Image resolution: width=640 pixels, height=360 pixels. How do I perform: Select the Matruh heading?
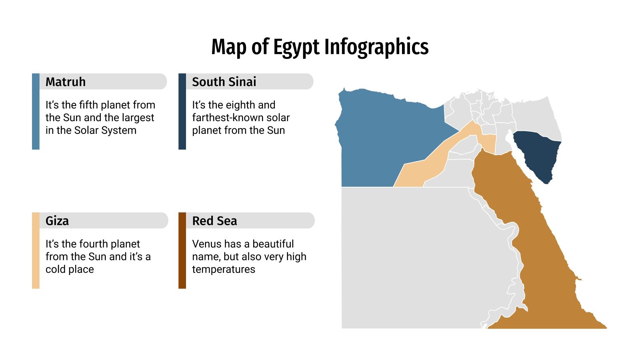tap(66, 82)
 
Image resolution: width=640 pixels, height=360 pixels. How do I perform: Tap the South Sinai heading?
tap(224, 82)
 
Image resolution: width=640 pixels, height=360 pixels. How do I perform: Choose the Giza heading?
tap(57, 221)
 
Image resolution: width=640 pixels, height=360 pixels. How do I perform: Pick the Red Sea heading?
tap(214, 221)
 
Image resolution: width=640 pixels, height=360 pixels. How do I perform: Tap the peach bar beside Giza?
tap(36, 250)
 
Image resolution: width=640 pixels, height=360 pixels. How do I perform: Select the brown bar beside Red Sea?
tap(182, 250)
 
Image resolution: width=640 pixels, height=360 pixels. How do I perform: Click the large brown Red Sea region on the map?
tap(532, 248)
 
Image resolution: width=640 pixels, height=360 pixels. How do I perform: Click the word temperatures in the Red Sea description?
tap(223, 269)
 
